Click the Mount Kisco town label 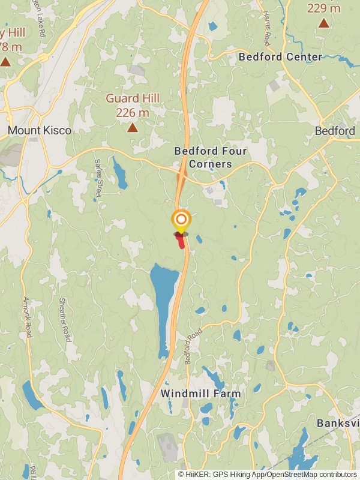click(40, 130)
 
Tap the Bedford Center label click(280, 57)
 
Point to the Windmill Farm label click(200, 394)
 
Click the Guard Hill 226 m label click(132, 105)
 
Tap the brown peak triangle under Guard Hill click(132, 128)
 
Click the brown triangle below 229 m click(323, 23)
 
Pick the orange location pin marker click(181, 220)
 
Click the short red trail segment click(181, 241)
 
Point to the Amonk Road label click(27, 317)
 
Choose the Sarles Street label click(98, 178)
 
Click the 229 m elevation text click(323, 8)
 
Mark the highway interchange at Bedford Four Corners click(182, 175)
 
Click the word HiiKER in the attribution click(197, 474)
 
